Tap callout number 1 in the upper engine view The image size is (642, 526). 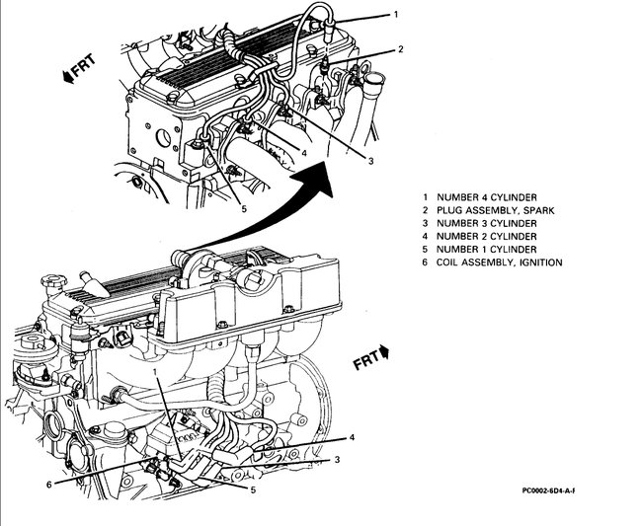click(395, 15)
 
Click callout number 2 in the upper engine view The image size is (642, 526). click(400, 48)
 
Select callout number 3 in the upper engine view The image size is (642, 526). click(370, 160)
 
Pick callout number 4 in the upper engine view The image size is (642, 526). click(303, 153)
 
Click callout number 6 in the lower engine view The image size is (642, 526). click(48, 484)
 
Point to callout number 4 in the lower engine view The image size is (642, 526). click(352, 437)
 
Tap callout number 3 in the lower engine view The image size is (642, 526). click(336, 459)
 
